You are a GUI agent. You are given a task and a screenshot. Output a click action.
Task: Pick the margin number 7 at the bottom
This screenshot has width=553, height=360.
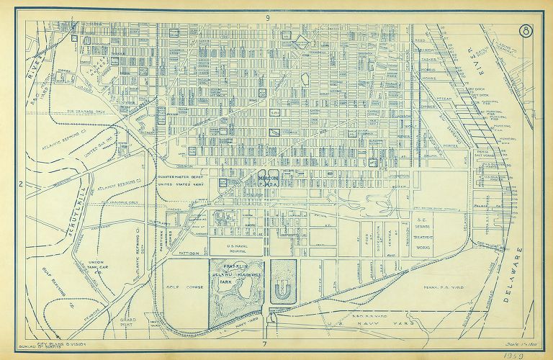[265, 343]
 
